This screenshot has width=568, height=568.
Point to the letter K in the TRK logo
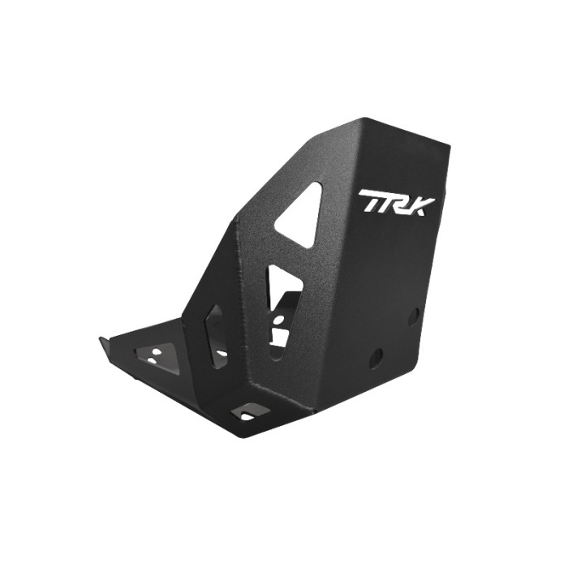[x=422, y=202]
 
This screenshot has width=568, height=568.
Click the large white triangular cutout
[x=302, y=215]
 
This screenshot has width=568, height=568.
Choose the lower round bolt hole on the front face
[x=376, y=357]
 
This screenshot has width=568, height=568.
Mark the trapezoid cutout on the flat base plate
[x=156, y=353]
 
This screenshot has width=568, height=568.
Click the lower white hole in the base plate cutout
[x=152, y=359]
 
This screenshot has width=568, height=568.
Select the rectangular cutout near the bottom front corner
[x=245, y=413]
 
